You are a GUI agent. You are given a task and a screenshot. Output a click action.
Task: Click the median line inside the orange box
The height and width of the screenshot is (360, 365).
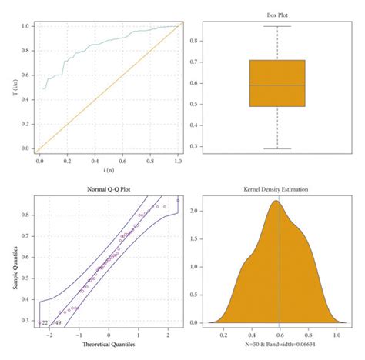[276, 85]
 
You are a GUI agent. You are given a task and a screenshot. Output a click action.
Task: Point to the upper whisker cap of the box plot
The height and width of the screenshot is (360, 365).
[276, 26]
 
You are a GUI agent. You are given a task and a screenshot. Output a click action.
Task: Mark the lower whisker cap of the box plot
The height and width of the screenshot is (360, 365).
[276, 148]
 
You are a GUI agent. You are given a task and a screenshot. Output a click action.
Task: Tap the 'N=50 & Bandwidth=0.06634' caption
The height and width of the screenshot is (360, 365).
[276, 345]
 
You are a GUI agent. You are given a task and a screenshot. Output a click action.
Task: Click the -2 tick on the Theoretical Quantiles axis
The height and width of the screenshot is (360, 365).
[51, 335]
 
